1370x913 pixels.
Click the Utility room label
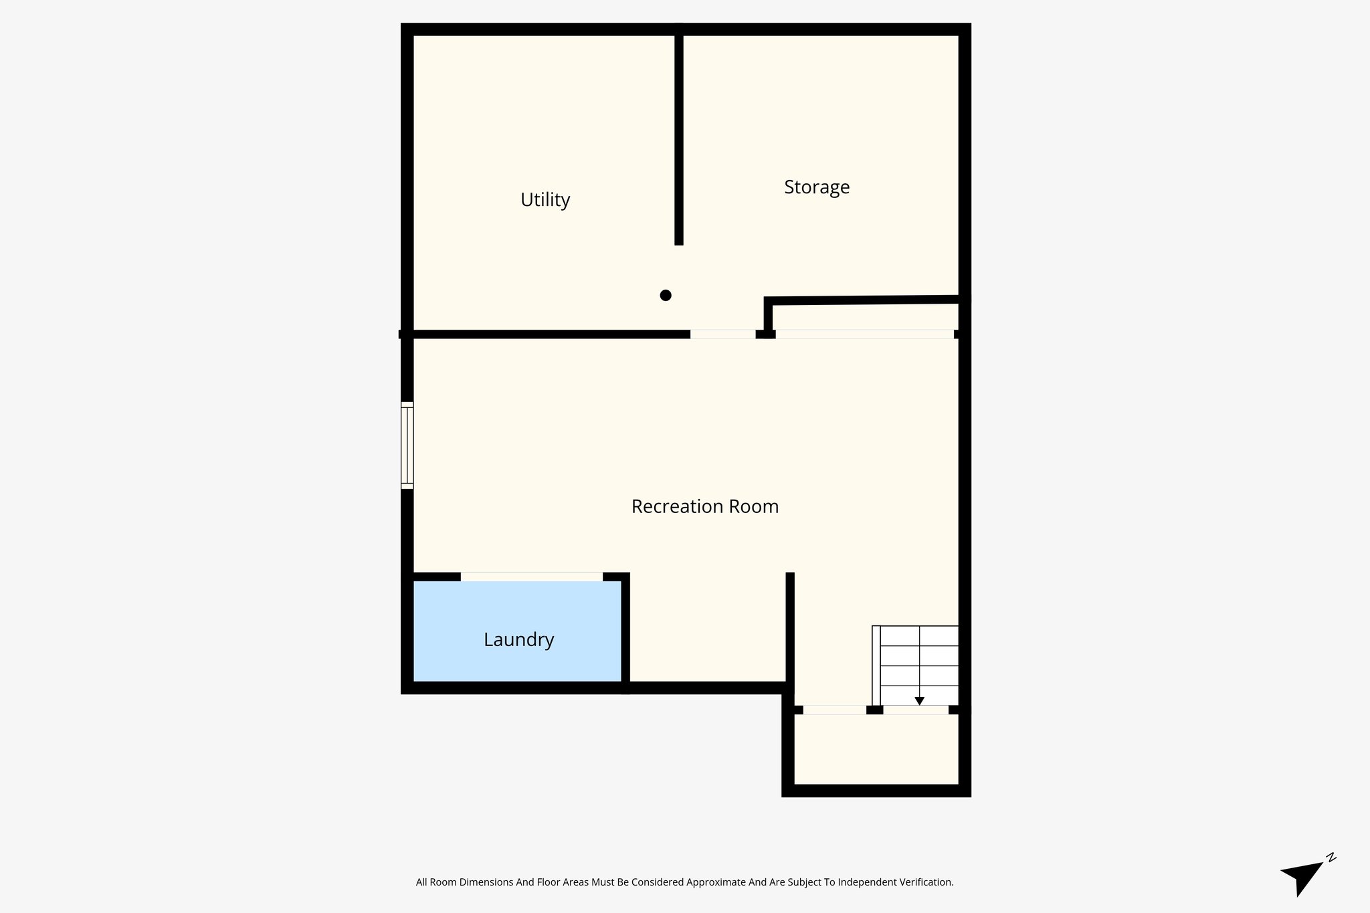click(545, 200)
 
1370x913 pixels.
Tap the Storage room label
click(817, 187)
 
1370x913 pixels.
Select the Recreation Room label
click(705, 507)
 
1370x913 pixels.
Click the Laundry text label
click(519, 640)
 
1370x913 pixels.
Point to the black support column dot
click(666, 295)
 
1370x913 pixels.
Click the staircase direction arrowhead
click(919, 701)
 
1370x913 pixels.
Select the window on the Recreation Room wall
click(407, 445)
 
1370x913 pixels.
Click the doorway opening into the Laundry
click(532, 577)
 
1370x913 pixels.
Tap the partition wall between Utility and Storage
click(679, 134)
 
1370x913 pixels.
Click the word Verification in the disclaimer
click(926, 882)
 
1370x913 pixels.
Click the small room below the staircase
click(876, 749)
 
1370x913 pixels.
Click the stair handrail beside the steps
click(876, 666)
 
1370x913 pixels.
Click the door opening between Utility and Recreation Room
click(723, 334)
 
